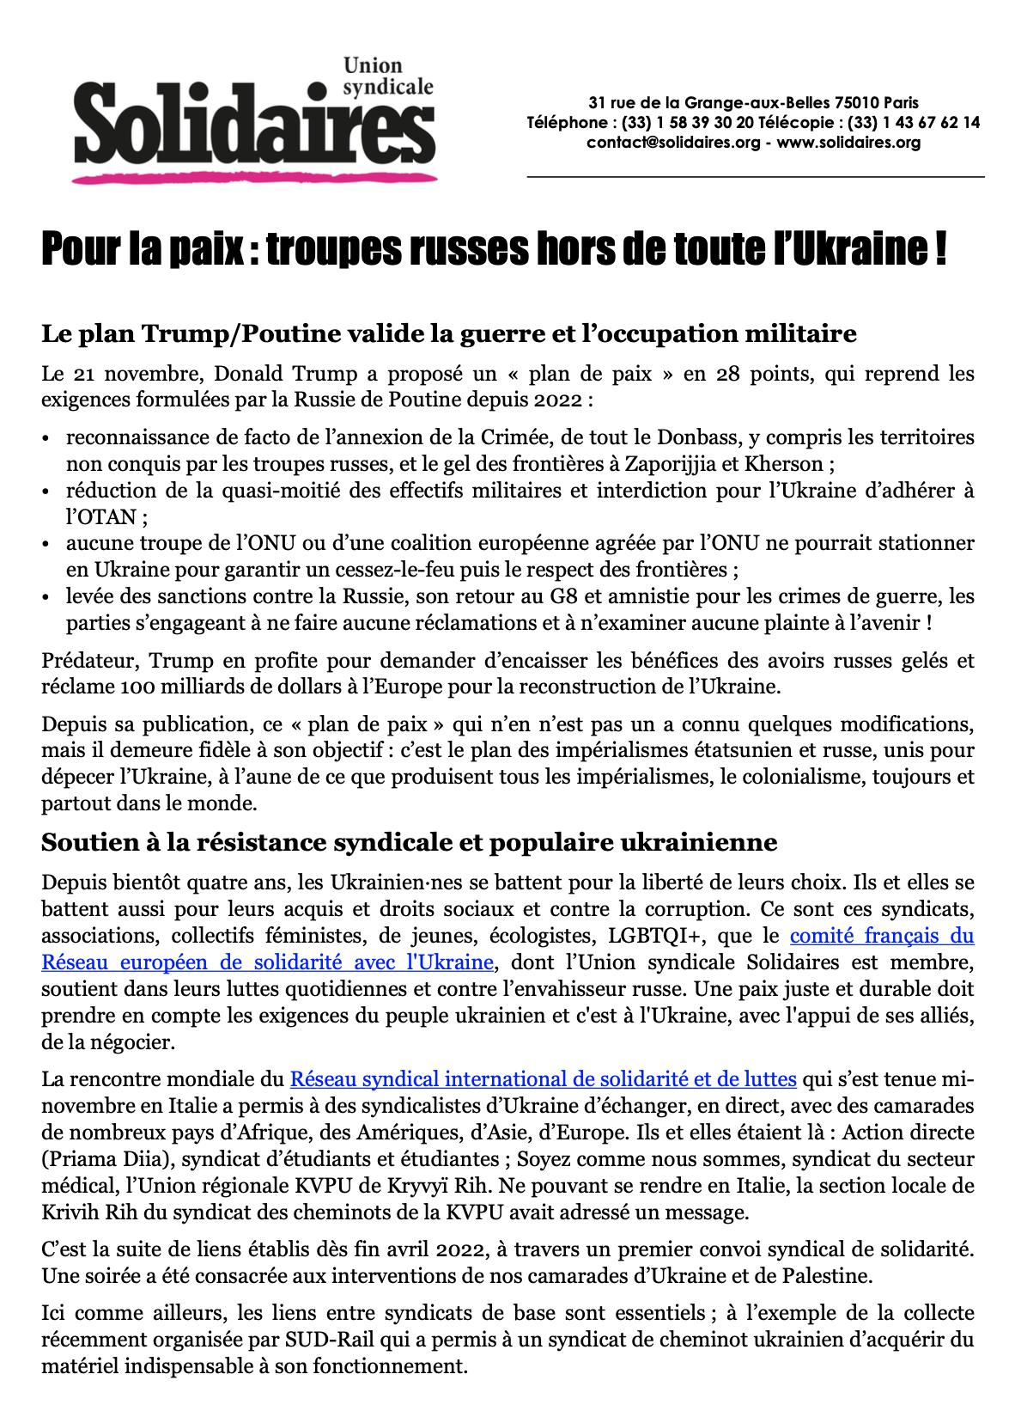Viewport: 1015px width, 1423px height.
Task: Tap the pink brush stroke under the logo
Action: pyautogui.click(x=254, y=178)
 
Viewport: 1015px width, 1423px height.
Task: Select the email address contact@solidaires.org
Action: pyautogui.click(x=673, y=143)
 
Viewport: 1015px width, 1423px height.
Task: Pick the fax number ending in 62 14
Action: pyautogui.click(x=914, y=123)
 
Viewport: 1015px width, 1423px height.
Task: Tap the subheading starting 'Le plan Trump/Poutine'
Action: pyautogui.click(x=448, y=333)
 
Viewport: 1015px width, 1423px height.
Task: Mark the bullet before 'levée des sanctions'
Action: pyautogui.click(x=47, y=597)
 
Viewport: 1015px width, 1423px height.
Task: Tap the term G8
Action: pyautogui.click(x=565, y=596)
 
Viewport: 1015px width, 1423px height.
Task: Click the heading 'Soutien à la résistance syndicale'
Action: pyautogui.click(x=409, y=842)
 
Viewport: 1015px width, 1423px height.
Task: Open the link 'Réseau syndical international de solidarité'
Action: pyautogui.click(x=543, y=1079)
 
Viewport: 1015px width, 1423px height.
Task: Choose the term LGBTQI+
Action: pyautogui.click(x=654, y=936)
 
